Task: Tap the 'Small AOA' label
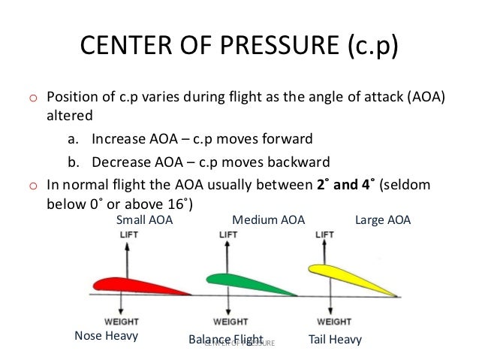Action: point(144,220)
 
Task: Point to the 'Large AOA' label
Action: point(382,220)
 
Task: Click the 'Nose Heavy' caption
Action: point(106,336)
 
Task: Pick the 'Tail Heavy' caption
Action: point(335,339)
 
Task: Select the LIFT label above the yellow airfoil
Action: point(324,235)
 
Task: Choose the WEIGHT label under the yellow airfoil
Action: point(324,321)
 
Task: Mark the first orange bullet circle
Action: point(32,99)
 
